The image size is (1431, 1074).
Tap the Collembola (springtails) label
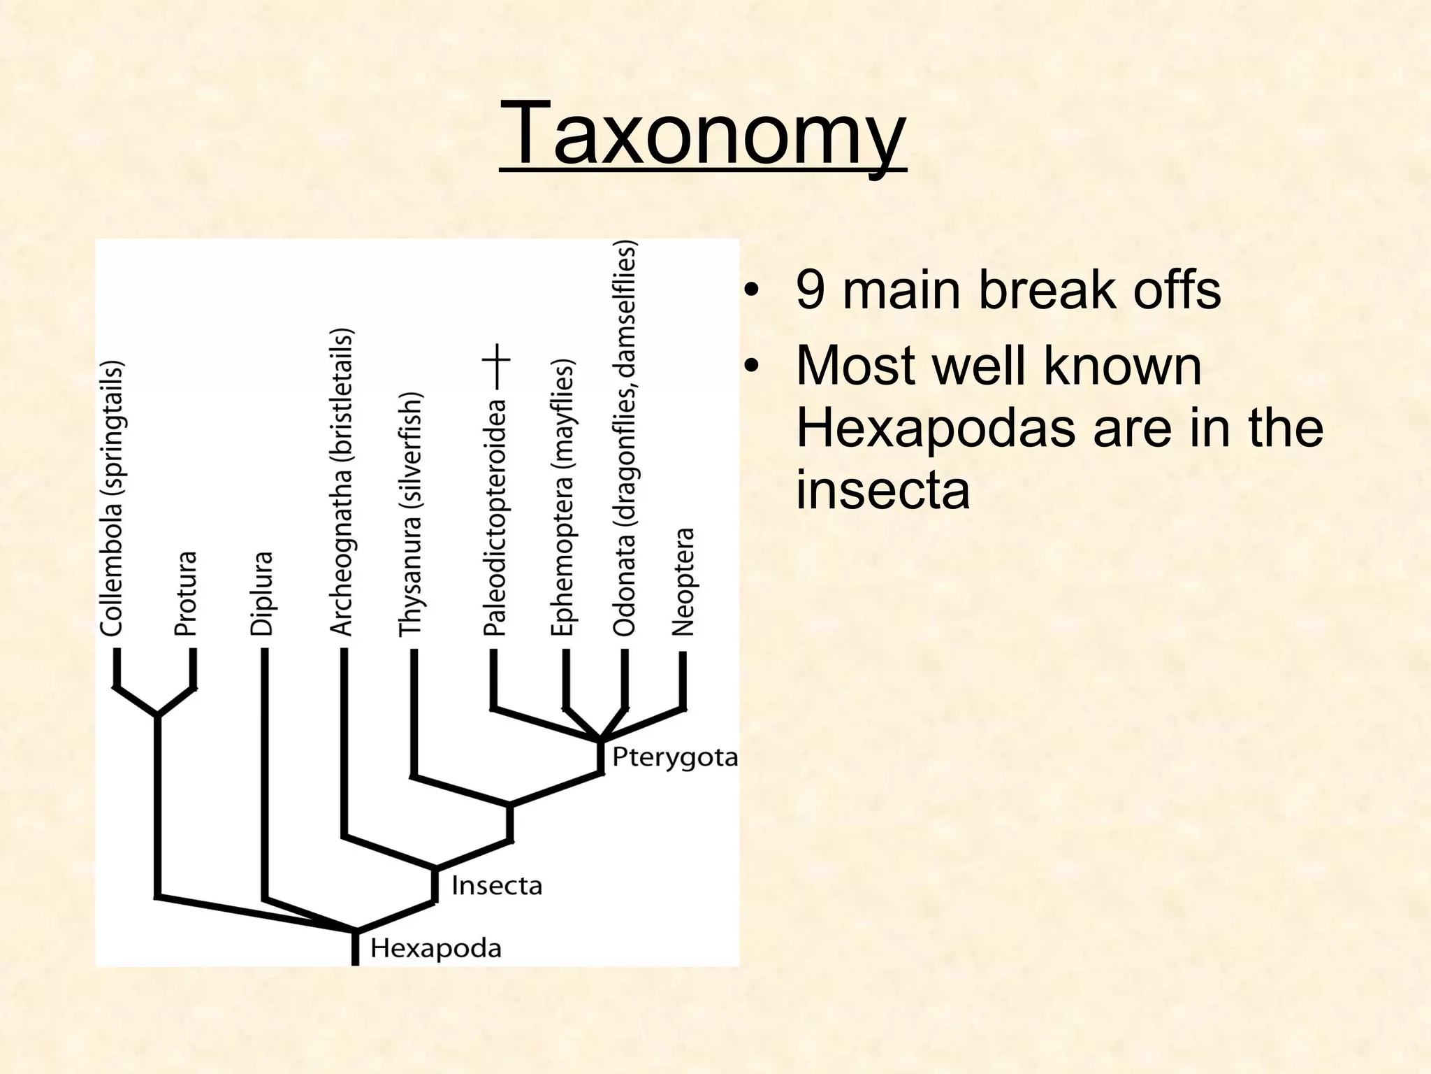[x=112, y=498]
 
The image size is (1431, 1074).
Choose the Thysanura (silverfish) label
[x=410, y=514]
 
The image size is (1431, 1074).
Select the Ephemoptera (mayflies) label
[x=562, y=498]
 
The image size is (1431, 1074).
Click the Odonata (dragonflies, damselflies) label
[x=625, y=438]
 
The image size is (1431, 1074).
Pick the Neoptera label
[x=683, y=581]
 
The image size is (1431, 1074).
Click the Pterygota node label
[x=674, y=757]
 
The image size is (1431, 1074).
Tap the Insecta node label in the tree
[x=497, y=886]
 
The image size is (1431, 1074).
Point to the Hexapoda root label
[x=435, y=948]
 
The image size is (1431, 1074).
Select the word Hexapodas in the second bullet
[x=936, y=428]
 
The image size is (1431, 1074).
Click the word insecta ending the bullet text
[x=882, y=489]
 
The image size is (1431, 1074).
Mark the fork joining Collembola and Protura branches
[x=158, y=714]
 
